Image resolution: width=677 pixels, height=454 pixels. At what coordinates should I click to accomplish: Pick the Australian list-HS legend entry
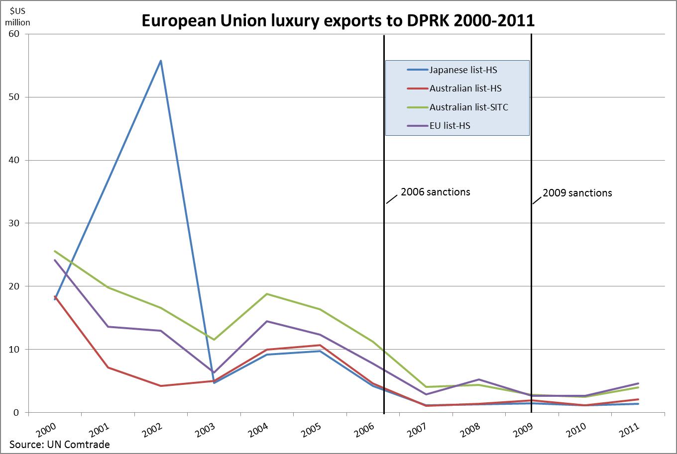click(x=465, y=88)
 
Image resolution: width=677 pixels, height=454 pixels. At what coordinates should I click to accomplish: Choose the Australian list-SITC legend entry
click(x=469, y=107)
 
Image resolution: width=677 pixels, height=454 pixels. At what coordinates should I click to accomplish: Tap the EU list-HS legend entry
click(x=450, y=126)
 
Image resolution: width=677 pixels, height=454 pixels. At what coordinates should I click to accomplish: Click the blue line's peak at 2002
click(x=161, y=61)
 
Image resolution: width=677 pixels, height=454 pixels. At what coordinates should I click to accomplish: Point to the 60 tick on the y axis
click(x=13, y=34)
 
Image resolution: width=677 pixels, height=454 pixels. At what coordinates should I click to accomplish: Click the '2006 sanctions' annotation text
click(x=435, y=192)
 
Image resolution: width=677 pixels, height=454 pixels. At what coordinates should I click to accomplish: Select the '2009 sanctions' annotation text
click(x=577, y=192)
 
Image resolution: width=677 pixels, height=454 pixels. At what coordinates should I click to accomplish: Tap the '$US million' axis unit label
click(x=20, y=17)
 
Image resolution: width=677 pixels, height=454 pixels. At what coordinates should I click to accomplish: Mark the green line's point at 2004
click(x=267, y=294)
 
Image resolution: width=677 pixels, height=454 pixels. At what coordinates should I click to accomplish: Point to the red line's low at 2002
click(x=161, y=386)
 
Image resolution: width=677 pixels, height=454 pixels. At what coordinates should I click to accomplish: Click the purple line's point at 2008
click(x=479, y=379)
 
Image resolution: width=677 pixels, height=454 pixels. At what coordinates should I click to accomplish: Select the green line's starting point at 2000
click(x=55, y=251)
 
